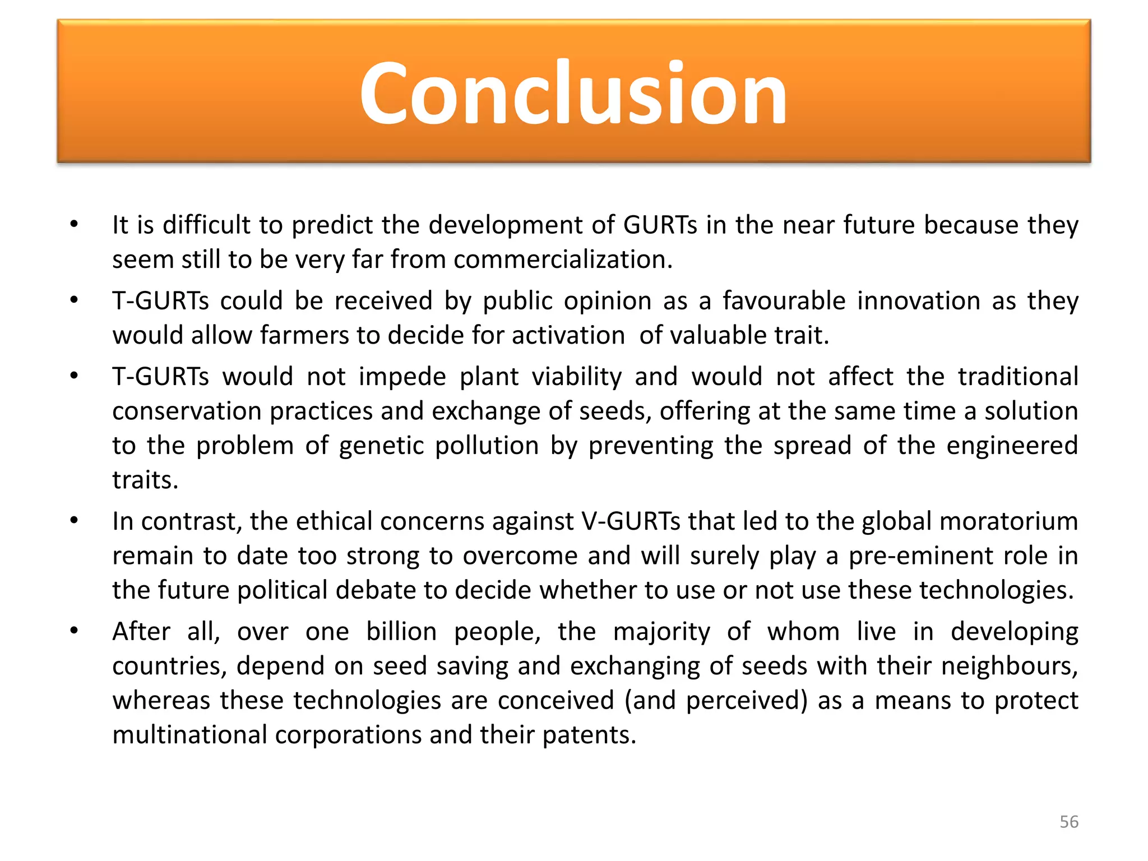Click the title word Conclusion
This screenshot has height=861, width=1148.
coord(573,92)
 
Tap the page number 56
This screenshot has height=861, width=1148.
coord(1068,822)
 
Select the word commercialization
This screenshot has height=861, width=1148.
coord(562,260)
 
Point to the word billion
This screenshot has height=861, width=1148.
coord(401,632)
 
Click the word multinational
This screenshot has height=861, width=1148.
coord(189,735)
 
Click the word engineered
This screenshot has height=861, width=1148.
coord(1012,446)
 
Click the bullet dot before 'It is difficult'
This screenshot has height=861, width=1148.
coord(74,225)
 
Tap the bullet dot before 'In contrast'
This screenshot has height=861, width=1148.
coord(74,521)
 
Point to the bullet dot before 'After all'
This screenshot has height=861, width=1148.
coord(74,632)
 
